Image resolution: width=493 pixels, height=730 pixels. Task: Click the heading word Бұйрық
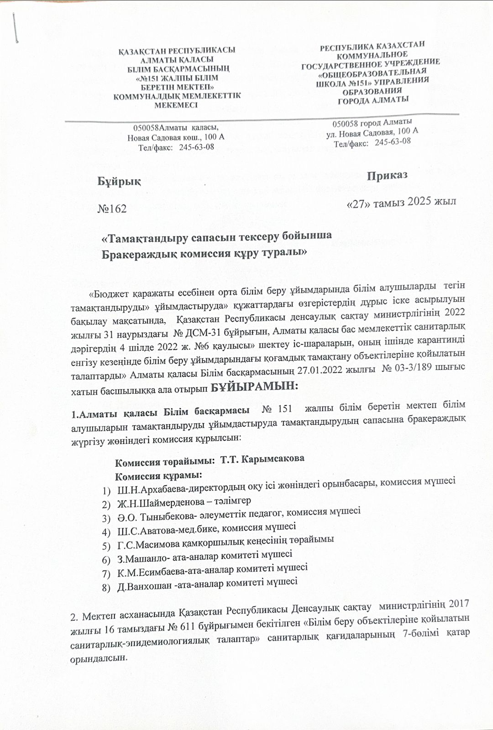[x=119, y=182]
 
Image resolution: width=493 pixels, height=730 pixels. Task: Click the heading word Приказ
[x=387, y=176]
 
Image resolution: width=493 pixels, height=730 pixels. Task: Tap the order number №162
[x=112, y=209]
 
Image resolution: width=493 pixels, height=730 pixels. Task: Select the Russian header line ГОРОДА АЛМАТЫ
[x=373, y=100]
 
